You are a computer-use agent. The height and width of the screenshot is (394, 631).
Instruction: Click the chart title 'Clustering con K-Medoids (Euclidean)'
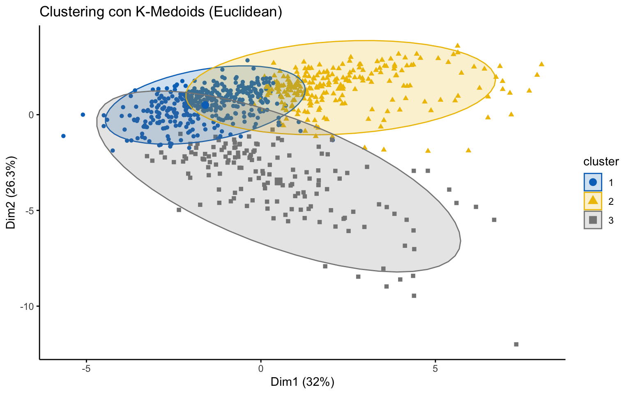pyautogui.click(x=161, y=12)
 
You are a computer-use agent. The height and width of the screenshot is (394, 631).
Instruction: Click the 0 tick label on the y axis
pyautogui.click(x=31, y=115)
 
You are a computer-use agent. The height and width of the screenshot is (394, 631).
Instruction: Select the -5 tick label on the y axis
pyautogui.click(x=29, y=211)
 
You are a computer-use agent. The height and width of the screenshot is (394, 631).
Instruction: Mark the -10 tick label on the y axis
pyautogui.click(x=28, y=306)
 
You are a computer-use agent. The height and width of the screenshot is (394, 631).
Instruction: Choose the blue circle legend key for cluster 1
pyautogui.click(x=593, y=182)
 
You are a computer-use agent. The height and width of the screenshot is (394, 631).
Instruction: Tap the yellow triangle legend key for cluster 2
pyautogui.click(x=593, y=201)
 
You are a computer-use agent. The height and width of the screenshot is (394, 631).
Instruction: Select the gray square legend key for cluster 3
pyautogui.click(x=593, y=220)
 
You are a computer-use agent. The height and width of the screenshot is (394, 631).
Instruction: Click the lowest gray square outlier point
pyautogui.click(x=516, y=344)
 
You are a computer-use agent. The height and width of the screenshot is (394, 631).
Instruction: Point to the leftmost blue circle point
pyautogui.click(x=63, y=136)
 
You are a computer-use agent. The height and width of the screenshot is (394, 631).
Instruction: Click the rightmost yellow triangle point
pyautogui.click(x=541, y=64)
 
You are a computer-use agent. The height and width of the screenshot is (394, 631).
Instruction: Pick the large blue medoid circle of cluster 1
pyautogui.click(x=205, y=105)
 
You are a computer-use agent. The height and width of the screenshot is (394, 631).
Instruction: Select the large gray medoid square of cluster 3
pyautogui.click(x=279, y=181)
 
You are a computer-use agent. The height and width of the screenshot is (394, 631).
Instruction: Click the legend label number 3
pyautogui.click(x=611, y=220)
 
